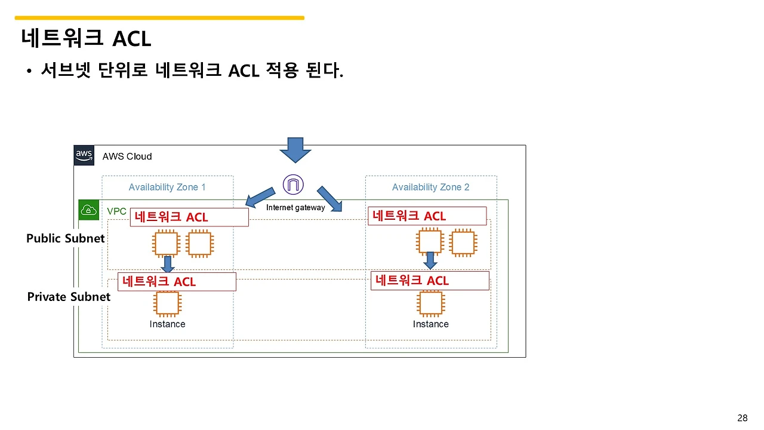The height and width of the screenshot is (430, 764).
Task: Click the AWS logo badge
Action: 84,155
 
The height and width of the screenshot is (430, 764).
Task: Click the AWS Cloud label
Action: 127,156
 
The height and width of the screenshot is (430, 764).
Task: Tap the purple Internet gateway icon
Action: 293,185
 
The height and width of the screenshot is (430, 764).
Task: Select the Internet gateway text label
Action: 295,207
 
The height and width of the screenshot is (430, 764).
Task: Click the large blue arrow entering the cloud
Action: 295,150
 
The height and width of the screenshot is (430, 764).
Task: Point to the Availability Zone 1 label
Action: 167,188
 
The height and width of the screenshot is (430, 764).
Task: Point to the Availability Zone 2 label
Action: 430,188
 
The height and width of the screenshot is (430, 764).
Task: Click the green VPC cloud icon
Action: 89,210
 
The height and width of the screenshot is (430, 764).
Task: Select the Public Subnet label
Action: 66,238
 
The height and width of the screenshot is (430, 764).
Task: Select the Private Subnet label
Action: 69,297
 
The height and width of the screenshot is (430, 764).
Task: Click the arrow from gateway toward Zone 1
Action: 260,197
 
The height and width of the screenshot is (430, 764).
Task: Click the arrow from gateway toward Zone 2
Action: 329,199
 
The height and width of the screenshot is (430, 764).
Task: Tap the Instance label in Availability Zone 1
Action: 168,324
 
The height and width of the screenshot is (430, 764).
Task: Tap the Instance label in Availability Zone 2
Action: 431,324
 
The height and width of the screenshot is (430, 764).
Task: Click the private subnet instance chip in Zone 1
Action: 167,303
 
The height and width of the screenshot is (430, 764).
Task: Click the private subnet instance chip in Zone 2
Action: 431,303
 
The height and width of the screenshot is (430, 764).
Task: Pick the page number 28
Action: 743,417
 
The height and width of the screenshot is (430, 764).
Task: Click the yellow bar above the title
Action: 159,18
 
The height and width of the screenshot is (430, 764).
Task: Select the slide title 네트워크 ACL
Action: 86,38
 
